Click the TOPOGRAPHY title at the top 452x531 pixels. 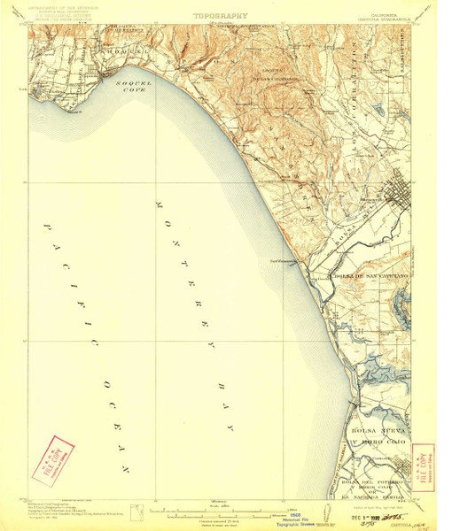tap(220, 15)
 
